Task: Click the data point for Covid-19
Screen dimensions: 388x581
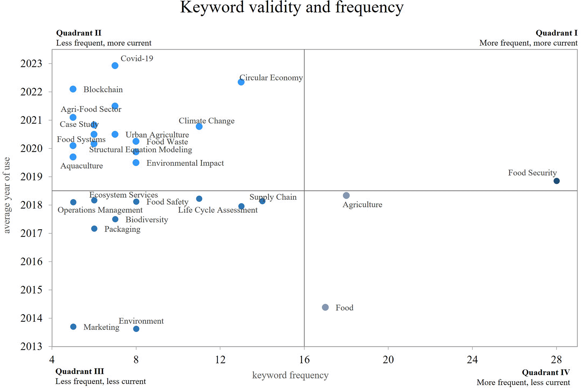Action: pyautogui.click(x=115, y=66)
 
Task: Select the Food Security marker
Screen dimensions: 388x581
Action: pyautogui.click(x=556, y=181)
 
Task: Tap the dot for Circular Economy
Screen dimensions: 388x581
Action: pyautogui.click(x=241, y=82)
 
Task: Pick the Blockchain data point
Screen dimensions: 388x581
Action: pyautogui.click(x=73, y=89)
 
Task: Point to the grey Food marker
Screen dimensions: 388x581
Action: pyautogui.click(x=325, y=307)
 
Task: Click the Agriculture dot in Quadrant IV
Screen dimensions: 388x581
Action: pyautogui.click(x=346, y=195)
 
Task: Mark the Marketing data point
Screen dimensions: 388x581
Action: pyautogui.click(x=73, y=327)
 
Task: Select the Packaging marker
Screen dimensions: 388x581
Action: pyautogui.click(x=94, y=229)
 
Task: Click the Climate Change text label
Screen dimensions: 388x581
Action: pyautogui.click(x=206, y=121)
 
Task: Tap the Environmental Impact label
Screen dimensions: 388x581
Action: pyautogui.click(x=185, y=163)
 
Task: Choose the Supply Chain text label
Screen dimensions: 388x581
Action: pyautogui.click(x=273, y=197)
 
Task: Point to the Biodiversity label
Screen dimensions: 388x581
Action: pyautogui.click(x=147, y=220)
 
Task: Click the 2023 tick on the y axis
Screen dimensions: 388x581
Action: pyautogui.click(x=31, y=64)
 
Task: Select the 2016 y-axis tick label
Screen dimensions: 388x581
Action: pyautogui.click(x=31, y=262)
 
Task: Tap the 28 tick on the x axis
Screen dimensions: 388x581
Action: pyautogui.click(x=556, y=360)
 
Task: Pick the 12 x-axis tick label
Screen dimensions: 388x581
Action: pyautogui.click(x=220, y=360)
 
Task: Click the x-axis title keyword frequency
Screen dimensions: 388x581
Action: pyautogui.click(x=290, y=375)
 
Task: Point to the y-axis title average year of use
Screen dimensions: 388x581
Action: pyautogui.click(x=7, y=195)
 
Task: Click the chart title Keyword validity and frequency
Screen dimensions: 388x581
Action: pyautogui.click(x=292, y=7)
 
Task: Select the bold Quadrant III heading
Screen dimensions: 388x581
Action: pyautogui.click(x=80, y=371)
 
